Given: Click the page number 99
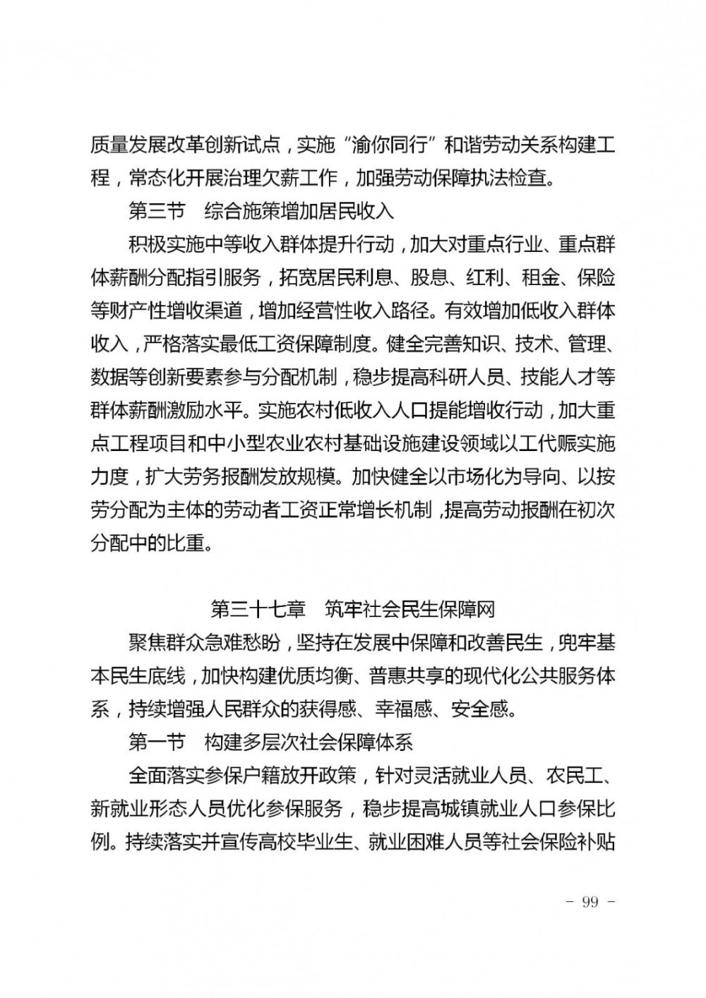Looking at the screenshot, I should click(588, 902).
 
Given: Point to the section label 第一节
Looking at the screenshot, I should click(157, 742).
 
